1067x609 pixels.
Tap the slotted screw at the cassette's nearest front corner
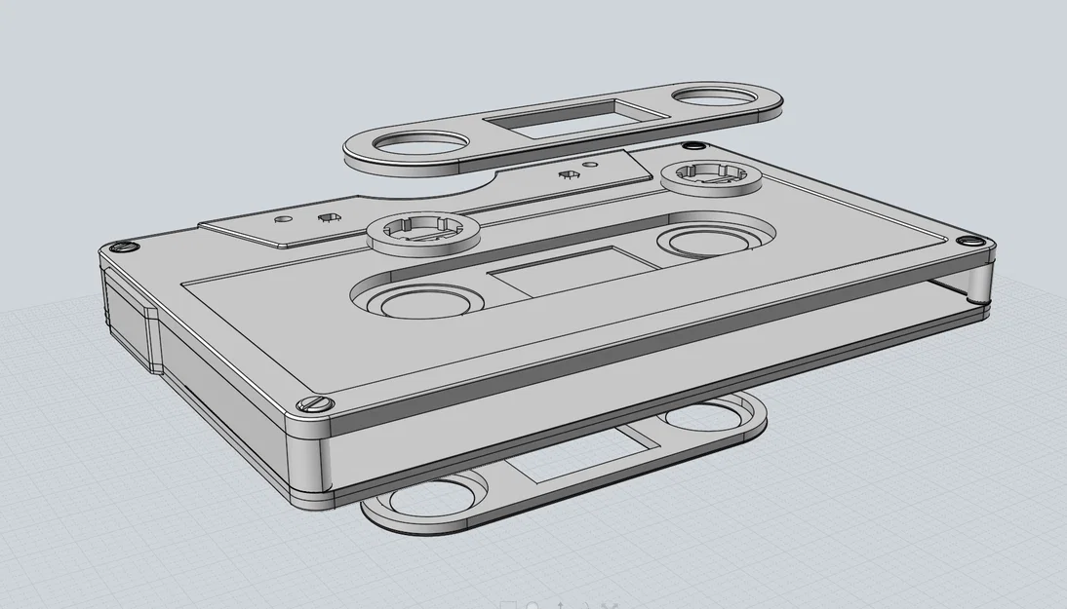point(315,403)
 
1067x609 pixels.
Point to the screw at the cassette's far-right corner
point(969,241)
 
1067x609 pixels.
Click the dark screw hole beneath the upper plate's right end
point(693,146)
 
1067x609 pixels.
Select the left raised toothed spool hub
point(422,231)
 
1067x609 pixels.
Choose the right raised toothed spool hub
point(709,175)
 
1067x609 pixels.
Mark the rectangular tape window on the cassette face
point(565,270)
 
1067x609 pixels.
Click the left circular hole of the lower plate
point(427,497)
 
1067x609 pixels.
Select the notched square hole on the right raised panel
point(566,175)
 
